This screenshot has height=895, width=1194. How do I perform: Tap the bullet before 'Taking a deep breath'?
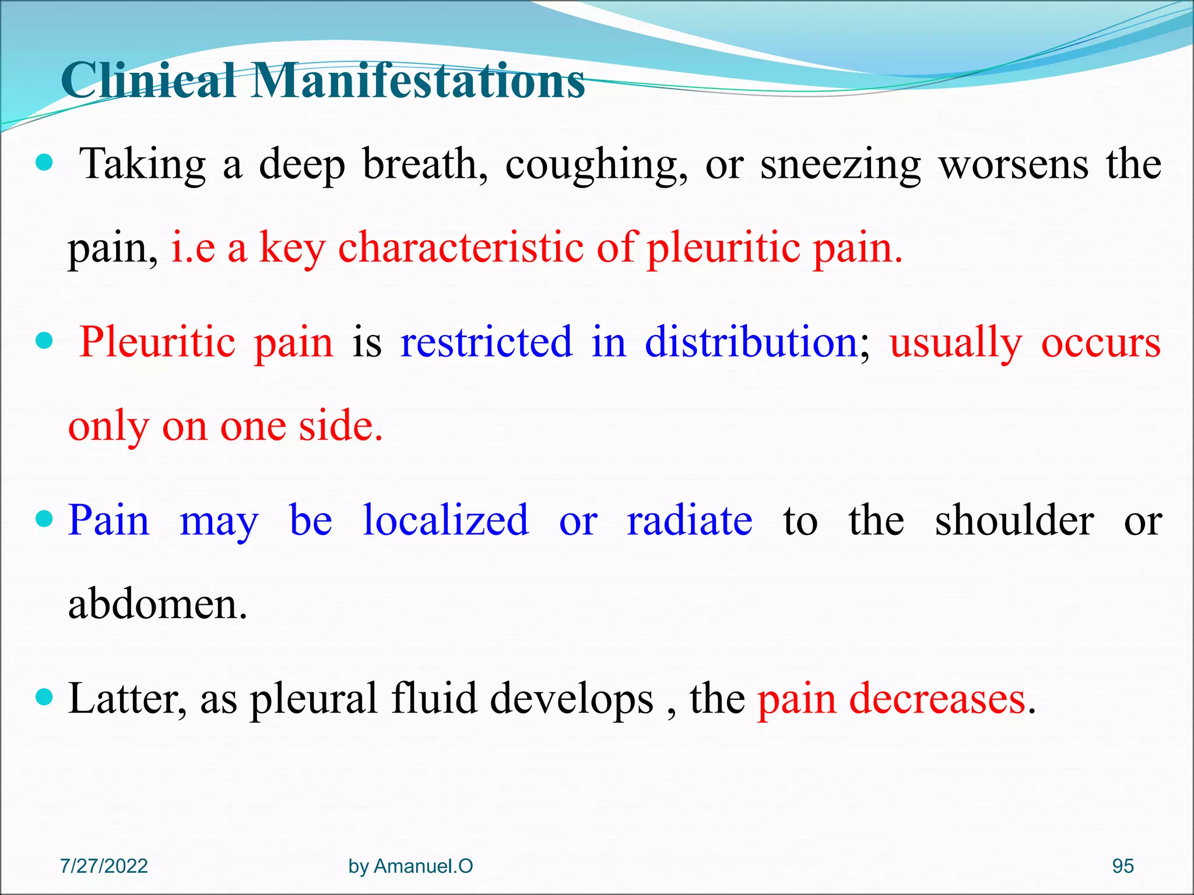tap(44, 163)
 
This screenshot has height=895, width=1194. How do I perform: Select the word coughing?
tap(596, 165)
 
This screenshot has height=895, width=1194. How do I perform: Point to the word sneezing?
tap(840, 165)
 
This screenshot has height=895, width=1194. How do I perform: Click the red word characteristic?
tap(461, 248)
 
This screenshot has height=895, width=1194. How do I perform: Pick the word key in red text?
tap(292, 248)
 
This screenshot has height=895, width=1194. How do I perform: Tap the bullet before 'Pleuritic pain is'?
tap(44, 340)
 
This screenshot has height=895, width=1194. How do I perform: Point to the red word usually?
tap(956, 343)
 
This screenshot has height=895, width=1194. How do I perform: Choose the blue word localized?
tap(445, 520)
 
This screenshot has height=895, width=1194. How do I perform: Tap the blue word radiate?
tap(689, 520)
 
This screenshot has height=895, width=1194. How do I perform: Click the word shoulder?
tap(1014, 520)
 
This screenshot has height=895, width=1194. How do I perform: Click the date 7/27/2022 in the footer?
tap(104, 866)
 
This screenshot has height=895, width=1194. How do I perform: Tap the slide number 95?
tap(1123, 866)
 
